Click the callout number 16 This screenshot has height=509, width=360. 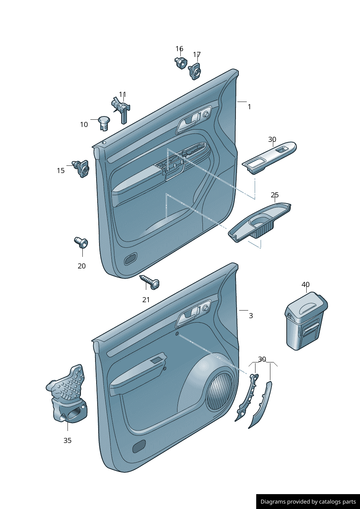point(179,49)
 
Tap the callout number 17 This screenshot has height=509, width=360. point(197,54)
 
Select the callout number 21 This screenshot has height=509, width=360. point(146,300)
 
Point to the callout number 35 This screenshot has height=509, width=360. point(67,440)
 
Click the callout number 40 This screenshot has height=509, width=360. point(306,284)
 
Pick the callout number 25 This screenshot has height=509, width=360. point(275,195)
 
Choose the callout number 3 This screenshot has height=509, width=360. point(251,316)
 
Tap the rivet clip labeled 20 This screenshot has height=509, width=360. point(81,242)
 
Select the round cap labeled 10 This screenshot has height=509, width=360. point(104,123)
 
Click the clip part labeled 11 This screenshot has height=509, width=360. point(121,110)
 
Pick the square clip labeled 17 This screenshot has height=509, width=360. point(195,71)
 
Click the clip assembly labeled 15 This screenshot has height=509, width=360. point(81,168)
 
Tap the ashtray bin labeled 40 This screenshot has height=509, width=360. point(306,321)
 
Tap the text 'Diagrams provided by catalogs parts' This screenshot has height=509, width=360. point(308,501)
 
